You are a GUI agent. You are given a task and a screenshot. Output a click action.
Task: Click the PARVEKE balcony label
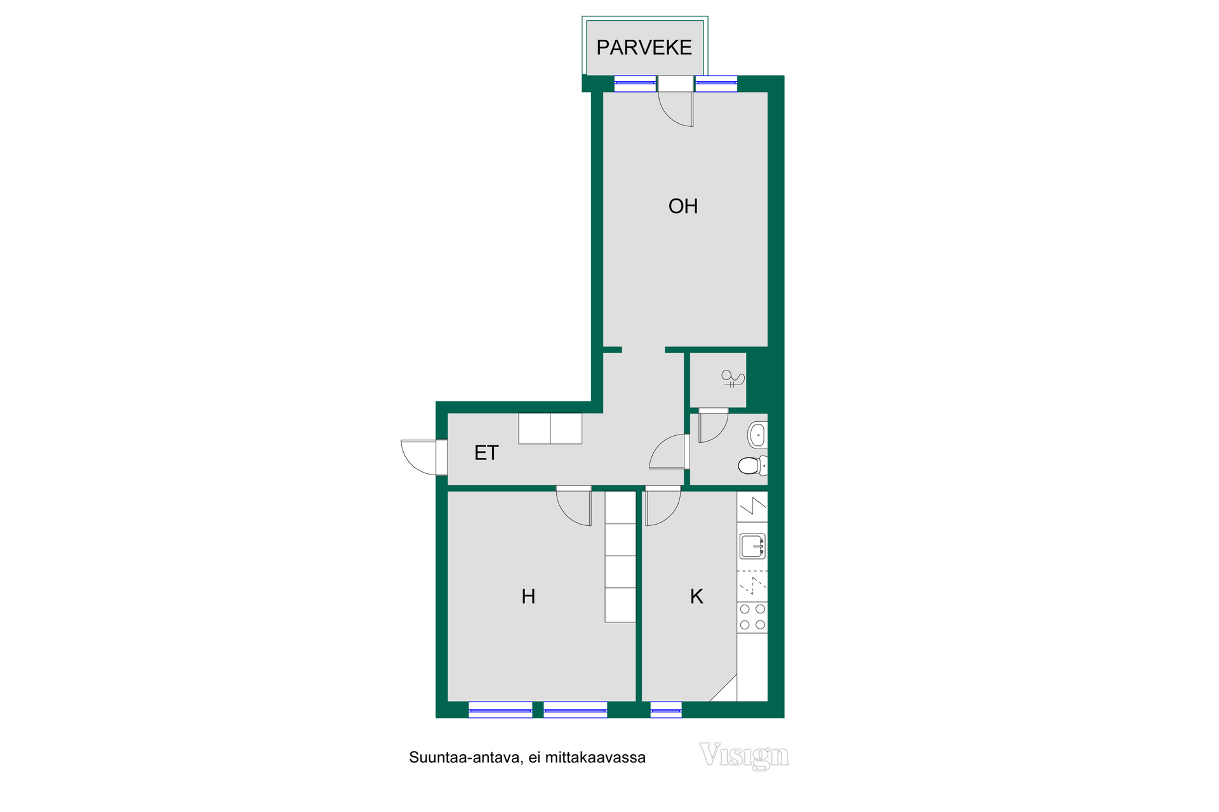click(644, 48)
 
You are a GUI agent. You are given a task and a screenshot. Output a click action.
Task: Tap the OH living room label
click(683, 206)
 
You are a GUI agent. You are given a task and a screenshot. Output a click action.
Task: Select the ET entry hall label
click(486, 453)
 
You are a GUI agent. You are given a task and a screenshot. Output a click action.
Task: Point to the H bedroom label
click(528, 596)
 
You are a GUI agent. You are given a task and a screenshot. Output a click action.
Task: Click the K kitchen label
click(696, 596)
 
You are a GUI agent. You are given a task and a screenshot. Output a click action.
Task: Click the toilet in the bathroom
click(753, 466)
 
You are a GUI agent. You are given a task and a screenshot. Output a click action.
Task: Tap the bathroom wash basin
click(757, 435)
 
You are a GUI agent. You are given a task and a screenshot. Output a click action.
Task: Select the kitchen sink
click(752, 546)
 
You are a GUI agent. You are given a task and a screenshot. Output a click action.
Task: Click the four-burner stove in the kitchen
click(752, 617)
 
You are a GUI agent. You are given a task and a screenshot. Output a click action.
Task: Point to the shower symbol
click(732, 379)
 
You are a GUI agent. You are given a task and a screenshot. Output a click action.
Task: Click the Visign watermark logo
click(744, 756)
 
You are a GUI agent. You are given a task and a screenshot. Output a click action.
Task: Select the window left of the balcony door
click(635, 83)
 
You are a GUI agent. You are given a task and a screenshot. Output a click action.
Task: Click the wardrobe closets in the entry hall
click(550, 428)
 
